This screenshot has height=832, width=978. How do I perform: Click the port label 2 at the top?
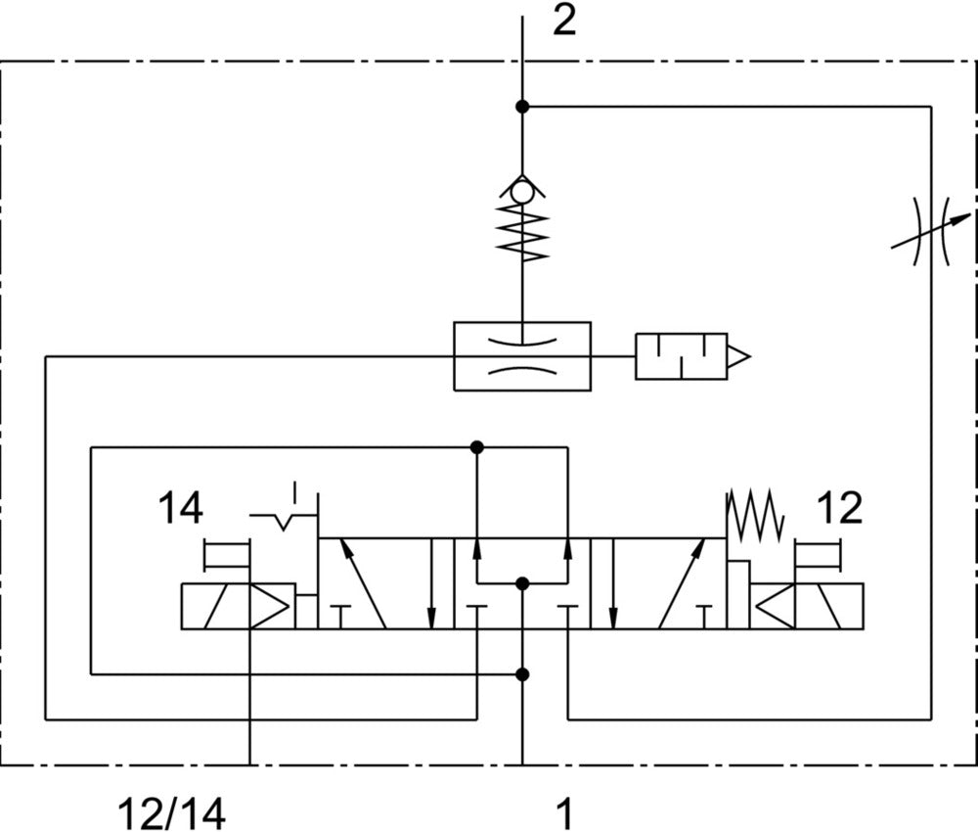pos(564,21)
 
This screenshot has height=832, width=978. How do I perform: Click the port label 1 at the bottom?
pos(564,812)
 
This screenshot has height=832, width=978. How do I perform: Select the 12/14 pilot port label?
pos(171,812)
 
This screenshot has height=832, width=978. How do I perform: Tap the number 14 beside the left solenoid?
pos(181,509)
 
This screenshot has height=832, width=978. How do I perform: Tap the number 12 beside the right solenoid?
pos(838,508)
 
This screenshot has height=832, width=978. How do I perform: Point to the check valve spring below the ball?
pos(522,233)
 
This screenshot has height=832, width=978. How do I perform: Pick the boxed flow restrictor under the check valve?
pos(522,356)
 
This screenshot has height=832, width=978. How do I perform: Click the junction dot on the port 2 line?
pos(522,106)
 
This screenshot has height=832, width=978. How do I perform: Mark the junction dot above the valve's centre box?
pos(476,447)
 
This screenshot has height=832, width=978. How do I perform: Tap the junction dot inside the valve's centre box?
pos(522,583)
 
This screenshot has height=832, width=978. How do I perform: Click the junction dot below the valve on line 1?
pos(522,673)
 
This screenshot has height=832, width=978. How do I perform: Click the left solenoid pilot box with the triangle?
pos(238,606)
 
